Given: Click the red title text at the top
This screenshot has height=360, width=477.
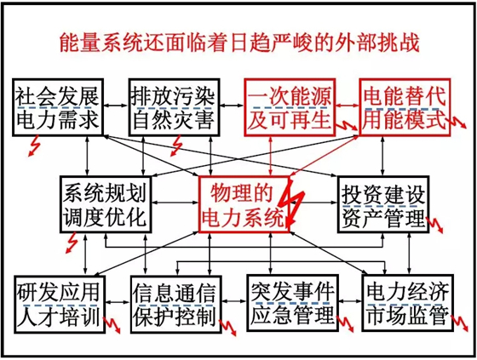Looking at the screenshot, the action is pyautogui.click(x=239, y=42).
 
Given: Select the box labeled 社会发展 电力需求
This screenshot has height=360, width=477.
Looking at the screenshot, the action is pyautogui.click(x=58, y=107).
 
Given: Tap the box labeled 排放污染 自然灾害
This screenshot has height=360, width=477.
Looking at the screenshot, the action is pyautogui.click(x=174, y=107).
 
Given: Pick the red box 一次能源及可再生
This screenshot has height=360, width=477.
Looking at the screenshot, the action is pyautogui.click(x=290, y=107).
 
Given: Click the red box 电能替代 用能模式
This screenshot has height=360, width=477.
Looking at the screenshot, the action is pyautogui.click(x=405, y=107).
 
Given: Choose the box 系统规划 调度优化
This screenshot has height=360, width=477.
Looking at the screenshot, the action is pyautogui.click(x=106, y=204).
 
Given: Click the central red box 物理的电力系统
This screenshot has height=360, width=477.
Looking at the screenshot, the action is pyautogui.click(x=244, y=204).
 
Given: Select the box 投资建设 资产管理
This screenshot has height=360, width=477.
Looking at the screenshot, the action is pyautogui.click(x=383, y=204).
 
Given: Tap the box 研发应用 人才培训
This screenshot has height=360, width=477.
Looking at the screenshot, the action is pyautogui.click(x=60, y=304).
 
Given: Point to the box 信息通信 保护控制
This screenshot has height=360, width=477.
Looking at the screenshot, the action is pyautogui.click(x=175, y=304).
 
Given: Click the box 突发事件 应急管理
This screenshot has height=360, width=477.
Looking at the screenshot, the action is pyautogui.click(x=292, y=304).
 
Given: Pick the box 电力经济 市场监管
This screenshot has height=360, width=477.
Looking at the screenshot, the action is pyautogui.click(x=408, y=304).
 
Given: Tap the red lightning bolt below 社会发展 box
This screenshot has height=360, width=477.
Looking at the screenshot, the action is pyautogui.click(x=33, y=146).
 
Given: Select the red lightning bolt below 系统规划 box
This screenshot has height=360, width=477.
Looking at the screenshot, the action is pyautogui.click(x=72, y=243).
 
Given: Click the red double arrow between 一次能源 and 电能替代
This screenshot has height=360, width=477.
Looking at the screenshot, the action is pyautogui.click(x=348, y=106).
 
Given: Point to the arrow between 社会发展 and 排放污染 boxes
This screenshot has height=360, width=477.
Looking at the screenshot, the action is pyautogui.click(x=116, y=106).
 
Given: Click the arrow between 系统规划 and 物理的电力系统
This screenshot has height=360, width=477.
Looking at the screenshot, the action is pyautogui.click(x=175, y=202).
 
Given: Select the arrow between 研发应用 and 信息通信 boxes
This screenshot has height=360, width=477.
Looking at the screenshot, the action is pyautogui.click(x=118, y=302).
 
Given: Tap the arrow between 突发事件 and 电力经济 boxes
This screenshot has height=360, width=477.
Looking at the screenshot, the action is pyautogui.click(x=350, y=301).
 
